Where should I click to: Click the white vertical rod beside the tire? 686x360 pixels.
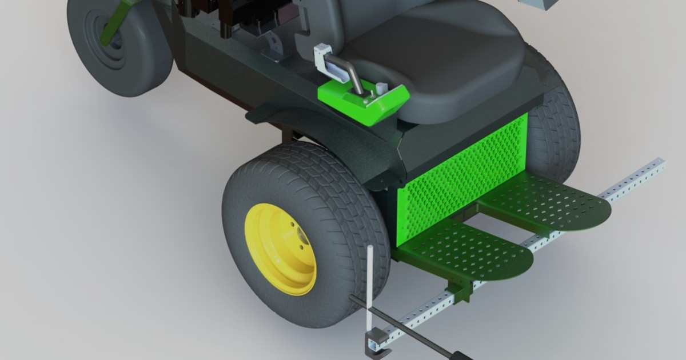click(370, 286)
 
